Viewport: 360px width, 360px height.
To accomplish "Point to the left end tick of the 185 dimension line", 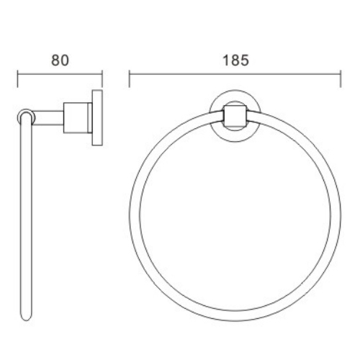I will tap(130, 77).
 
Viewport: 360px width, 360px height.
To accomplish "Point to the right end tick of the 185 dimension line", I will tap(341, 77).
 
